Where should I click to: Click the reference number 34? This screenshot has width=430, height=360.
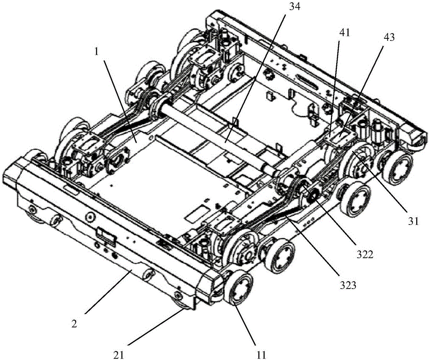tap(293, 6)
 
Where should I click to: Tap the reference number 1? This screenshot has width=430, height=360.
tap(96, 52)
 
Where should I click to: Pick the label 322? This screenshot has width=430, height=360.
tap(365, 255)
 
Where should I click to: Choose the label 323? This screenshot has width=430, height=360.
tap(348, 286)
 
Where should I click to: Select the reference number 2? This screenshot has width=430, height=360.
tap(74, 324)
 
